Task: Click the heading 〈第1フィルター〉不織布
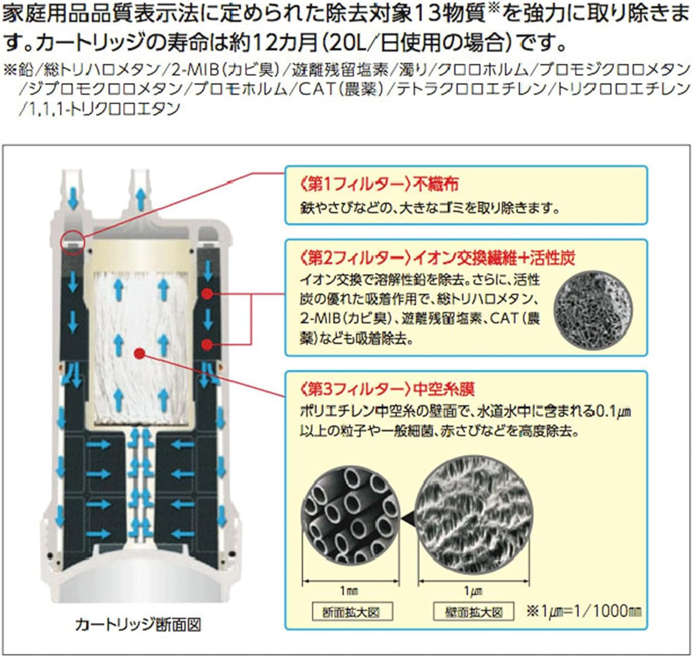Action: point(379,184)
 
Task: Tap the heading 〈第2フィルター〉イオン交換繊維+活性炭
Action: point(437,258)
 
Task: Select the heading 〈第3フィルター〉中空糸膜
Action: point(387,389)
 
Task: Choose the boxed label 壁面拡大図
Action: point(474,612)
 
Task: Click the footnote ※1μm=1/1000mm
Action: point(584,611)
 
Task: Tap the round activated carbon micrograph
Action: point(593,310)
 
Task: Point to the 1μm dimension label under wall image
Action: point(473,591)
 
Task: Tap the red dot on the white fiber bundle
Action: point(139,353)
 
